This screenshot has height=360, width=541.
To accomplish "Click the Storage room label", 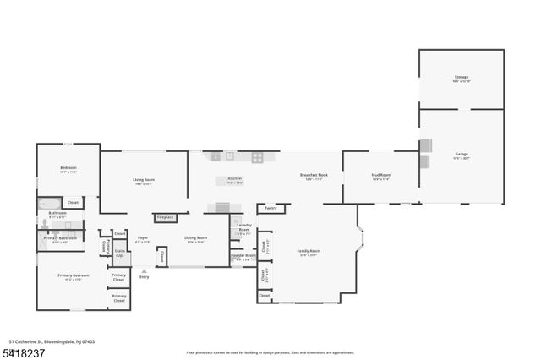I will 462,79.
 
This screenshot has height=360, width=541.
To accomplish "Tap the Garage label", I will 462,155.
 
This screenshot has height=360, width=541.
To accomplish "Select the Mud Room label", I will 380,177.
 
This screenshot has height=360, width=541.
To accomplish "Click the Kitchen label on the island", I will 235,180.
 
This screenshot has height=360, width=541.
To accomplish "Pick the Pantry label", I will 270,207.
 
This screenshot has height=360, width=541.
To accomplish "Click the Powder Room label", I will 243,257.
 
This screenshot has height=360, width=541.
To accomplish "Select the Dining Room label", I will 196,240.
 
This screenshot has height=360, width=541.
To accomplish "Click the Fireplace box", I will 165,217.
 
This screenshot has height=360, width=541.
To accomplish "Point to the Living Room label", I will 143,181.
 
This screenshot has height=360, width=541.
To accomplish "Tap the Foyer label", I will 143,240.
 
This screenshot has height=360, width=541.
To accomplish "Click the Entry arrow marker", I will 144,272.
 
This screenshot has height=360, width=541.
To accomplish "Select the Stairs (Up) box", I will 120,253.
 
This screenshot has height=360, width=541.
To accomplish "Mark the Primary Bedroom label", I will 73,277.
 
